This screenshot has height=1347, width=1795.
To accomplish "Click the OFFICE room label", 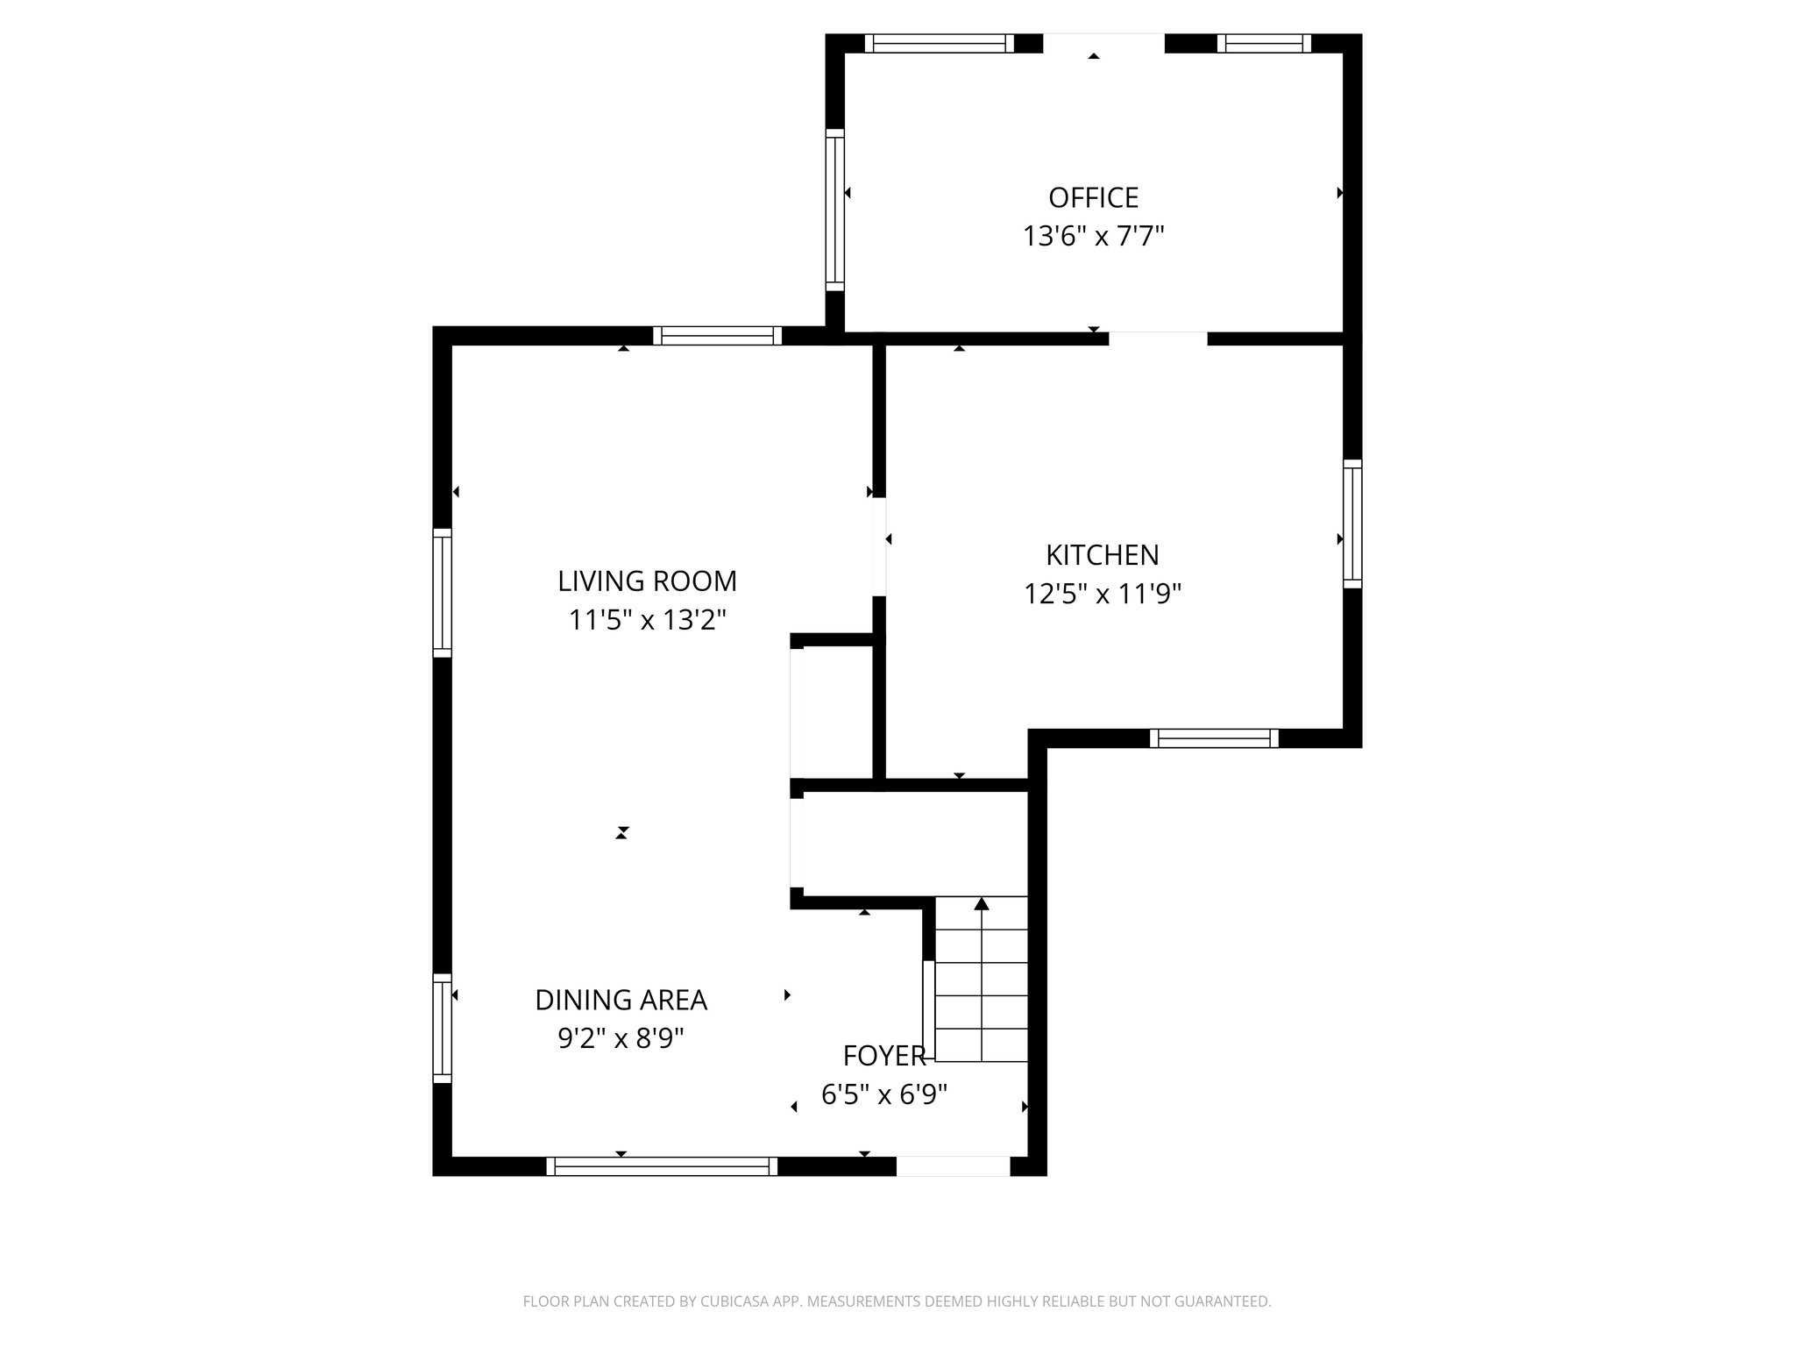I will tap(1093, 198).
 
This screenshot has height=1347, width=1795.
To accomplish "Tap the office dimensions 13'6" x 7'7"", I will tap(1093, 237).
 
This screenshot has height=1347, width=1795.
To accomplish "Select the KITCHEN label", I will tap(1102, 555).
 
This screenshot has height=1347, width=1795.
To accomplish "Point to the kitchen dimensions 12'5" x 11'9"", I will tap(1102, 595).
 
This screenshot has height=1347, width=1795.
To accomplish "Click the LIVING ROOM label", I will tap(647, 581).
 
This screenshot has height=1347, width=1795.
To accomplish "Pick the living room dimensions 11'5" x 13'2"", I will tap(647, 621).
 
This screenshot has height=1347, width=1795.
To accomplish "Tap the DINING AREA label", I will tap(621, 1000).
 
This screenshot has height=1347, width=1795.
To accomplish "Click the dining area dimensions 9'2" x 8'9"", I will tap(621, 1039).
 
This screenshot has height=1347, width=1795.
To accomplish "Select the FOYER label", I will tap(883, 1056).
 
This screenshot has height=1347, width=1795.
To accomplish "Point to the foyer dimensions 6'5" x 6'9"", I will tap(883, 1094).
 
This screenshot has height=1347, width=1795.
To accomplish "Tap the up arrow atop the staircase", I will tap(982, 903).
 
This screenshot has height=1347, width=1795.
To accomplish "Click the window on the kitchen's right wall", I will tap(1352, 524).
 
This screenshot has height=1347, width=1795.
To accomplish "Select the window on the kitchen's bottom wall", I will tap(1213, 738).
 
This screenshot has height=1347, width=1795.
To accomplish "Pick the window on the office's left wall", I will tap(834, 210).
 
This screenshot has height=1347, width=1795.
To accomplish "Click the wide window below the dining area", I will tap(662, 1166).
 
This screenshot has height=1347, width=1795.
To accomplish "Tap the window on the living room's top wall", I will tap(717, 335).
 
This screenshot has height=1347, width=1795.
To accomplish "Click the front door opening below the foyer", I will tap(953, 1166).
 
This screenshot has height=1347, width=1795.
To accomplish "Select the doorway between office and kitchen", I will tap(1158, 338).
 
